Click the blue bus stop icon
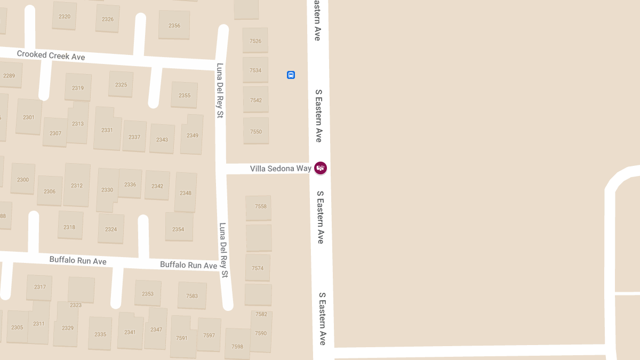pos(291,75)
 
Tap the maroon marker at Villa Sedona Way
pos(321,168)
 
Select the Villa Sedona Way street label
pos(281,169)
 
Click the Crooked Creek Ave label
pos(51,55)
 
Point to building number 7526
pos(255,41)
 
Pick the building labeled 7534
pos(255,70)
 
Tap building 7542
pos(256,100)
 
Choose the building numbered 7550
pos(256,131)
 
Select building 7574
pos(258,268)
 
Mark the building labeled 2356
pos(174,26)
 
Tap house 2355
pos(185,95)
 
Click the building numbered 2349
pos(193,135)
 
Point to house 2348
pos(186,193)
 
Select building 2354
pos(178,229)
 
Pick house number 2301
pos(29,117)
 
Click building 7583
pos(192,296)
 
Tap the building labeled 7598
pos(237,347)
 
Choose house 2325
pos(121,85)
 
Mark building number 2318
pos(69,227)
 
